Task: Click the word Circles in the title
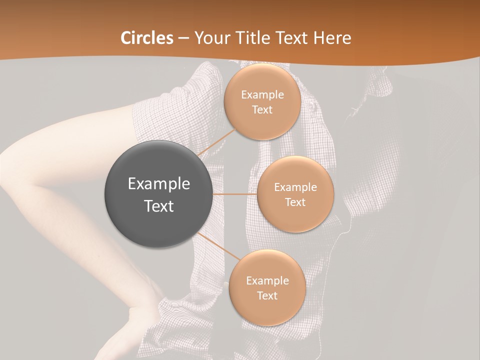[x=147, y=38]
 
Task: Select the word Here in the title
[x=332, y=38]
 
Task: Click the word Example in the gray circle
[x=159, y=184]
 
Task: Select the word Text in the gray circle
[x=159, y=206]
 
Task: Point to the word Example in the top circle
[x=262, y=95]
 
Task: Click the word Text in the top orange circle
[x=262, y=110]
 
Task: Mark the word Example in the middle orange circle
[x=295, y=187]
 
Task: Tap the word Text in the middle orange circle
[x=295, y=202]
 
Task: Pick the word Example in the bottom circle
[x=267, y=281]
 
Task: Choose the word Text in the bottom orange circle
[x=267, y=296]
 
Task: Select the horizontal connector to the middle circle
[x=235, y=194]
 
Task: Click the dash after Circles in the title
[x=183, y=38]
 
